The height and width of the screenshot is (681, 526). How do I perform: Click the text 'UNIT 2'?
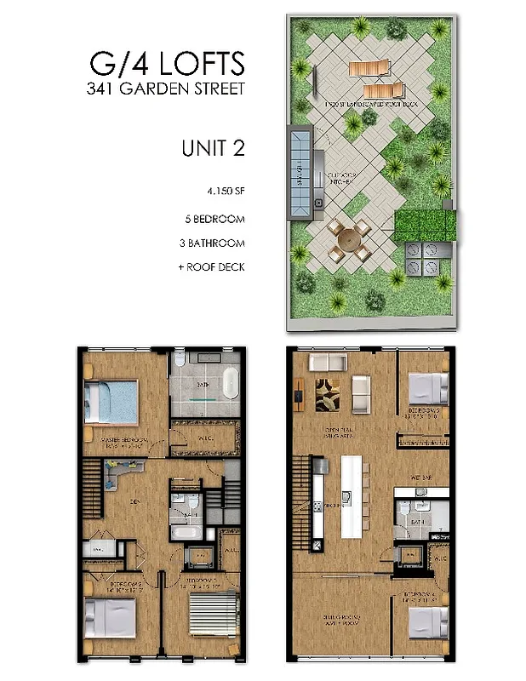pos(213,148)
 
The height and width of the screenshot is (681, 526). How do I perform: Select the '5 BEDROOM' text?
pos(214,219)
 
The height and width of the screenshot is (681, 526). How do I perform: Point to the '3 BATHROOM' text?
pos(214,243)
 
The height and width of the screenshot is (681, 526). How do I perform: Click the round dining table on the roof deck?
pos(347,239)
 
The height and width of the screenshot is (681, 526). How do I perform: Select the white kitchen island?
pos(352,495)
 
